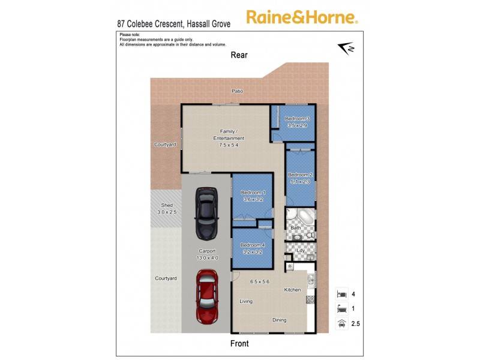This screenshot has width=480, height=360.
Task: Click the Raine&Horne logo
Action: click(x=302, y=17)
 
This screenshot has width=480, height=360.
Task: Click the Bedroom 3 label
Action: click(x=297, y=119)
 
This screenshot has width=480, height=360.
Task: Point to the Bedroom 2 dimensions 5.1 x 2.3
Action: click(x=300, y=181)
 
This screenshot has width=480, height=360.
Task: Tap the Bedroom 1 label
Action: click(x=253, y=192)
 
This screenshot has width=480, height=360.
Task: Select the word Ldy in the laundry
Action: click(x=301, y=250)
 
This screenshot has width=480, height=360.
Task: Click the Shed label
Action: click(x=163, y=205)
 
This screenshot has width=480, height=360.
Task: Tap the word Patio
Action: click(x=238, y=91)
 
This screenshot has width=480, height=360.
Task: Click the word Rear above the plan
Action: click(x=239, y=55)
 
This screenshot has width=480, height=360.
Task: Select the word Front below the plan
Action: click(x=239, y=344)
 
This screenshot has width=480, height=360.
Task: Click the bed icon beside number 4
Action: click(x=341, y=295)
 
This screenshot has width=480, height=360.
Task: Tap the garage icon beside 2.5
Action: click(x=341, y=324)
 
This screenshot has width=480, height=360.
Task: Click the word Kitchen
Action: click(x=292, y=290)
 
